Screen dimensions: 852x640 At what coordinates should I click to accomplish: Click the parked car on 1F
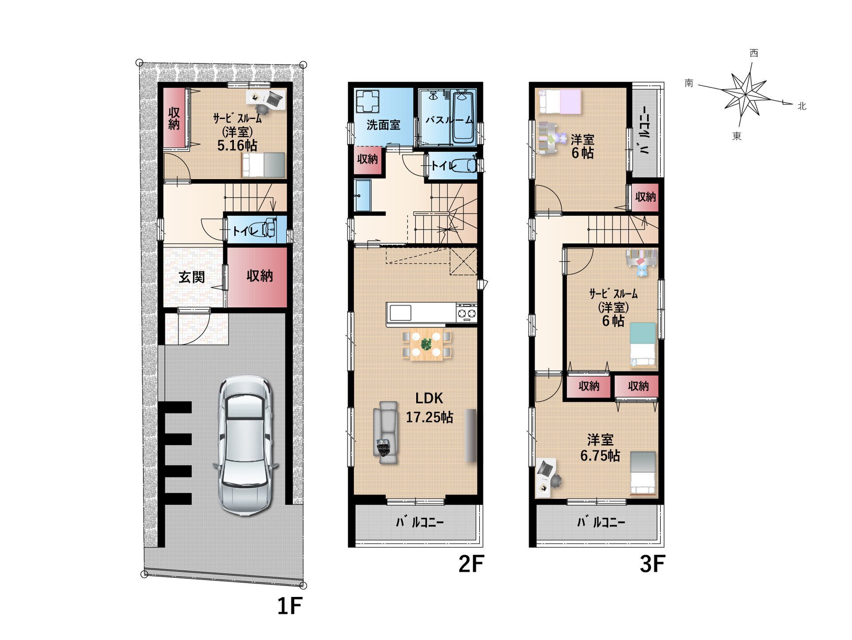point(245,445)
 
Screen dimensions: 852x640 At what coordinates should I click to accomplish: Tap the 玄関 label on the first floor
point(192,277)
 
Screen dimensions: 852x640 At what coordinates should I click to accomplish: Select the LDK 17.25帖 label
point(430,408)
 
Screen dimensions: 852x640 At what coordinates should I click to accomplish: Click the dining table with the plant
point(426,344)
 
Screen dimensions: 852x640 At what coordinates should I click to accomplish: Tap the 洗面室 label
point(383,125)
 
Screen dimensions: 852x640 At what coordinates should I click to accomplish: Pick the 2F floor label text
point(471,564)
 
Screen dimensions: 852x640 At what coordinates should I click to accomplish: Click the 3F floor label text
point(652,564)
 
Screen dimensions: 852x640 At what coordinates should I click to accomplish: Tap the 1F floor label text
point(290,606)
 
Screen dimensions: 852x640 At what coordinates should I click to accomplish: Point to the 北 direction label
point(801,106)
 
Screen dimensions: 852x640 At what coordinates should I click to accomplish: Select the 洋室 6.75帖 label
point(600,448)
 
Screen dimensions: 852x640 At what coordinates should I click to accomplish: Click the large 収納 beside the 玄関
point(260,276)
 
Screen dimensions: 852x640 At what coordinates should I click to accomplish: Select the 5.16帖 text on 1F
point(237,145)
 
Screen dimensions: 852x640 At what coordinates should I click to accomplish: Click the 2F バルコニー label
point(420,522)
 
